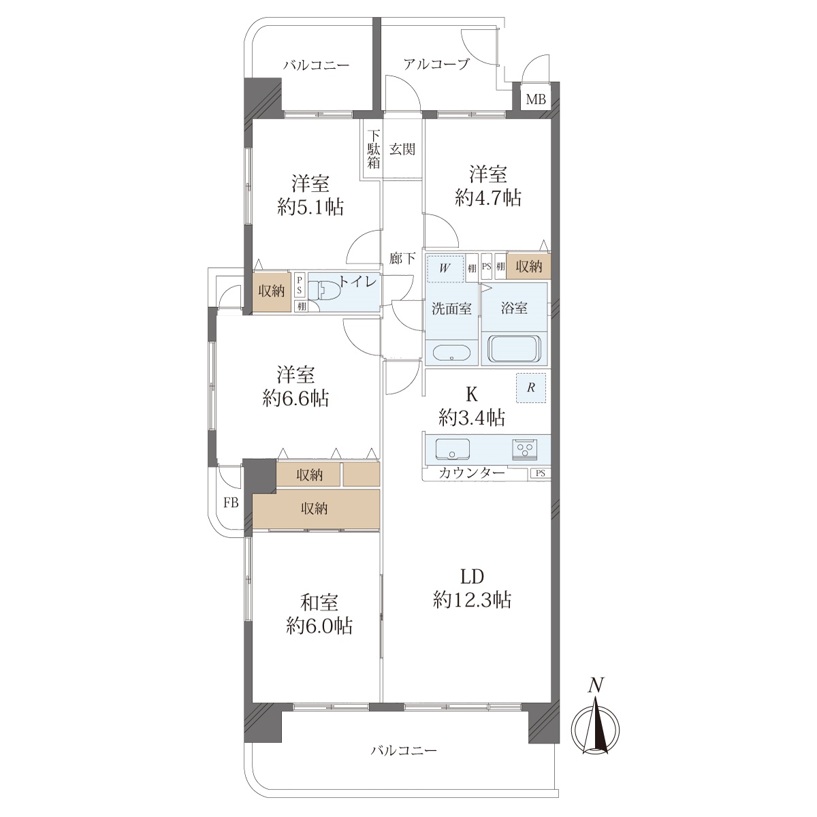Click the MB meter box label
(x=536, y=99)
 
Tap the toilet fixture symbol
(x=324, y=291)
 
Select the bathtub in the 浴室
(x=514, y=349)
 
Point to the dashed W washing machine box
(x=445, y=268)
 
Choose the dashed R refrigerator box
(x=531, y=388)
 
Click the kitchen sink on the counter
(x=453, y=450)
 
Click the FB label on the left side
(x=231, y=503)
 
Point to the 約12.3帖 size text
(x=472, y=600)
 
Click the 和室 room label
(x=319, y=602)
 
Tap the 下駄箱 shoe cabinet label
(x=373, y=149)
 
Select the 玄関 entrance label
(x=402, y=149)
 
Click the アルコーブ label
(x=436, y=64)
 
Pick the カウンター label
(x=472, y=472)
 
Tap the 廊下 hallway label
(x=402, y=258)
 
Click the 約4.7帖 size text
(x=488, y=197)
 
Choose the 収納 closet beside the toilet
(x=272, y=291)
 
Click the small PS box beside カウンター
(x=540, y=473)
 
